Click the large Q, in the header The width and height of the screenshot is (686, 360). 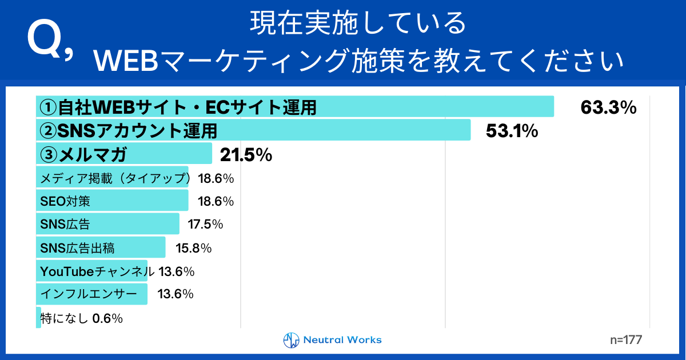pos(50,43)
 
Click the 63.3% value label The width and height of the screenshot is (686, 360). pos(608,107)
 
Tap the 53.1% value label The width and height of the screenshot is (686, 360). pos(512,131)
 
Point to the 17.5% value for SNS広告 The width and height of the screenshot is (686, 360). pos(205,225)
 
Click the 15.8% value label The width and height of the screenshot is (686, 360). pos(194,248)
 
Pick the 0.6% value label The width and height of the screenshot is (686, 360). pos(107,319)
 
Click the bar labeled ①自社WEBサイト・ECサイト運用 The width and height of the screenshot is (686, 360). pos(294,107)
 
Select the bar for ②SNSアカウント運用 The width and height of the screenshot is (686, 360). pos(253,130)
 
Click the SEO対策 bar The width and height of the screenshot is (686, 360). pos(112,201)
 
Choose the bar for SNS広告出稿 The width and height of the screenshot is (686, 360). pos(101,248)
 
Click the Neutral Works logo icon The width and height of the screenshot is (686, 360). pos(292,340)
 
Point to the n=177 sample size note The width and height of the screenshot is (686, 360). pos(626,340)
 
